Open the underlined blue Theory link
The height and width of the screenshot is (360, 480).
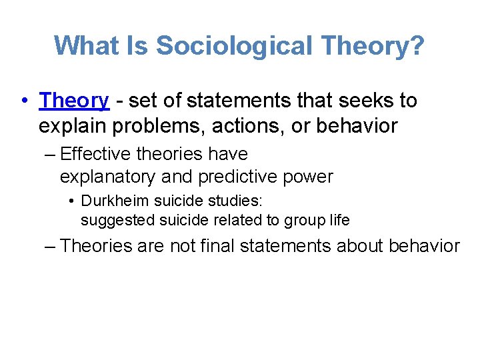pos(73,101)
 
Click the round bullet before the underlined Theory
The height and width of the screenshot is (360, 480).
pos(24,101)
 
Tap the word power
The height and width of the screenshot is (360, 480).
pos(309,177)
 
